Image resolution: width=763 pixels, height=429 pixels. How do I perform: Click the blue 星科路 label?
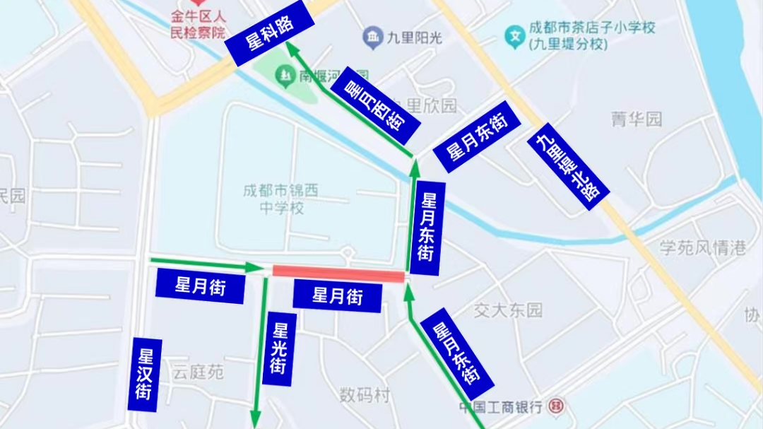point(270,34)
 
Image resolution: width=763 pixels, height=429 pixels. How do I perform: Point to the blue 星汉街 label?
point(145,375)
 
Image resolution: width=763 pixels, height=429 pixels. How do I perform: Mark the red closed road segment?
point(338,274)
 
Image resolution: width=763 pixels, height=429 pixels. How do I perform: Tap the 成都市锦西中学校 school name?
point(281,199)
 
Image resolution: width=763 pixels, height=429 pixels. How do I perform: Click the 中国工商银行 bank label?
point(500,407)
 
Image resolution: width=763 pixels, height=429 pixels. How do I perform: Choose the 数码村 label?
point(364,395)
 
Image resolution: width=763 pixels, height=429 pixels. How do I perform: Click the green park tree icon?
point(283,74)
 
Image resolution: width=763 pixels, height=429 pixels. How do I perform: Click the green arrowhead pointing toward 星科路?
point(291,49)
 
